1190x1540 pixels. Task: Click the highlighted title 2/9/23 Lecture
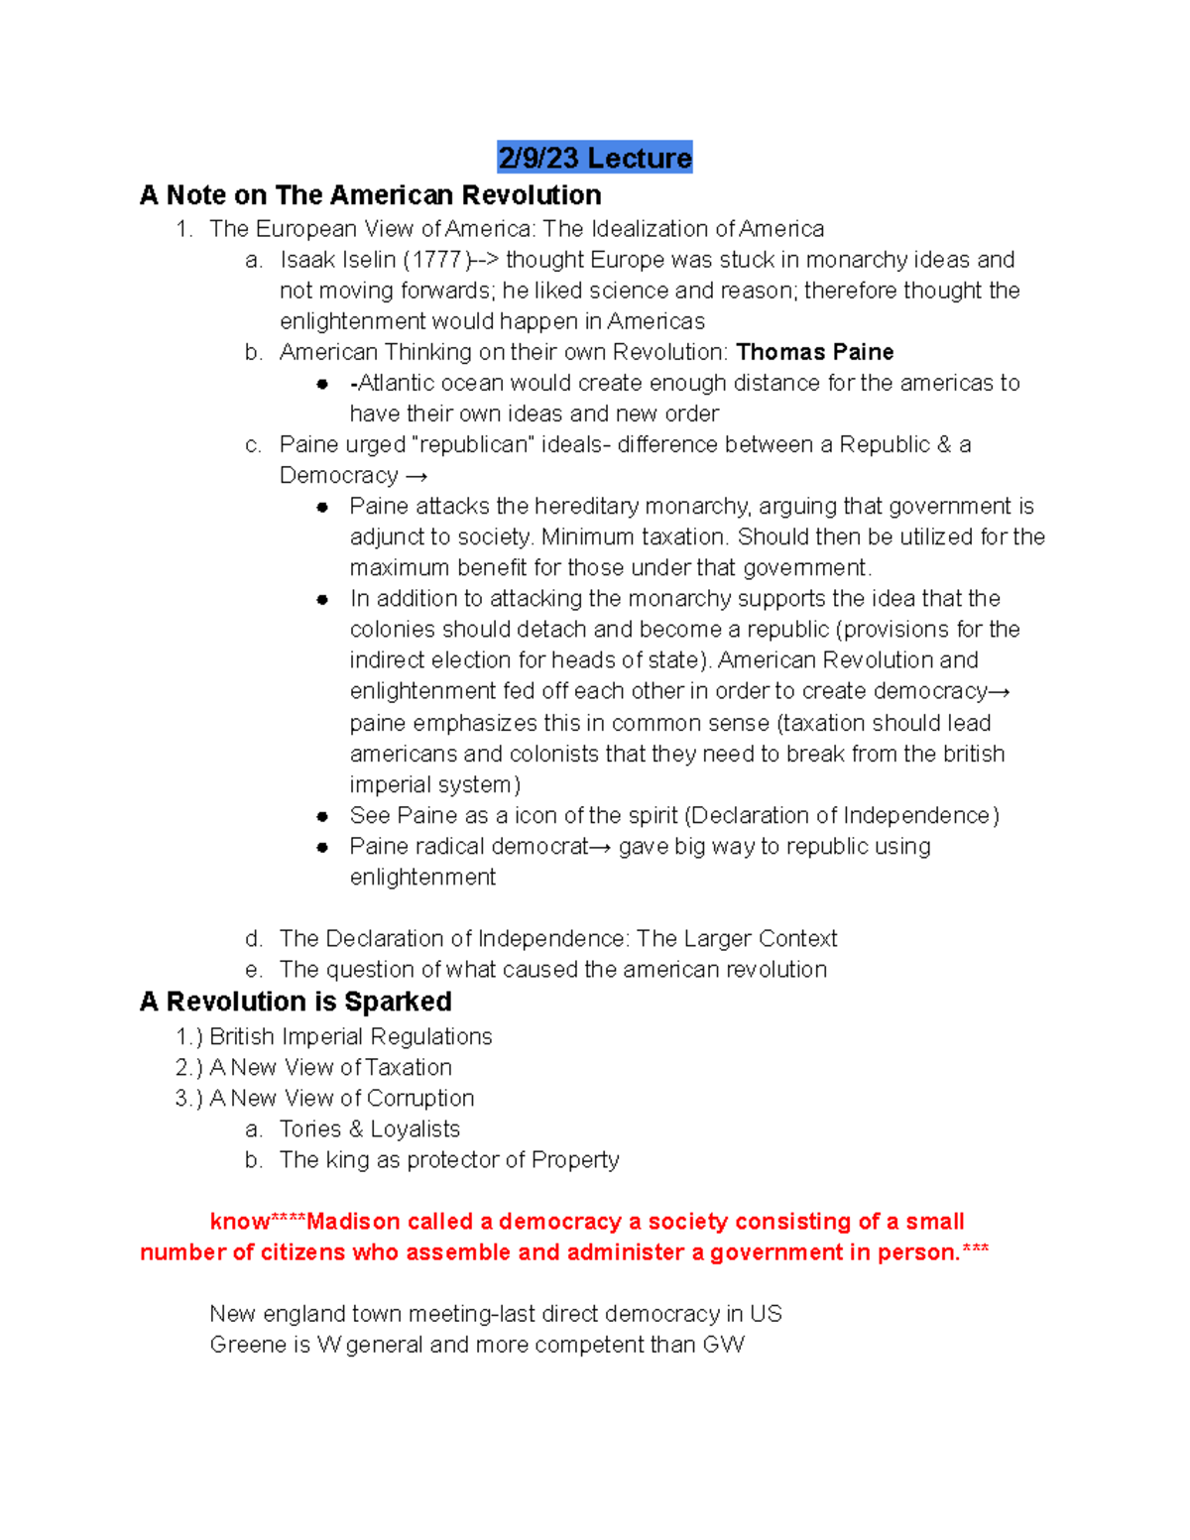594,158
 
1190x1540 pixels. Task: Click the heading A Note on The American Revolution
370,194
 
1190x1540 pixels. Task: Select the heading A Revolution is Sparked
296,1002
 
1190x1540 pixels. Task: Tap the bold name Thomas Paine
814,352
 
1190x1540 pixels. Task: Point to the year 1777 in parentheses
436,260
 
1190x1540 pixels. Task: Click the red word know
239,1222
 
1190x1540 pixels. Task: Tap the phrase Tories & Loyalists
369,1129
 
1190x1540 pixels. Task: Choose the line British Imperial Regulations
350,1037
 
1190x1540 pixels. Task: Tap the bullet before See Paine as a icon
322,816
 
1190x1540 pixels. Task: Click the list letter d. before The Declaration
254,939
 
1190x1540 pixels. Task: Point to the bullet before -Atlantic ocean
322,384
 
